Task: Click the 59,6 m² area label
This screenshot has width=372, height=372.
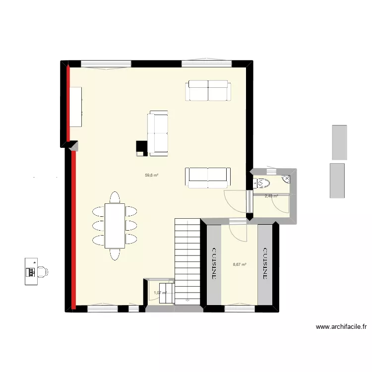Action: tap(151, 175)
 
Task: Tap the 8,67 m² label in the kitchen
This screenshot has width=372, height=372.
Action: tap(240, 264)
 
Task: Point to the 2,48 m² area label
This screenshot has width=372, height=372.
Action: tap(271, 196)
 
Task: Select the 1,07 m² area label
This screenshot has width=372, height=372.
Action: tap(160, 293)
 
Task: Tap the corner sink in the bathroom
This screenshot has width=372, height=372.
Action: tap(287, 179)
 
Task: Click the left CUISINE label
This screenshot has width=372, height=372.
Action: tap(214, 264)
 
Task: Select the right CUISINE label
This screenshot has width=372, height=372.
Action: tap(265, 264)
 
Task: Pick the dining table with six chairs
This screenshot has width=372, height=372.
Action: tap(115, 226)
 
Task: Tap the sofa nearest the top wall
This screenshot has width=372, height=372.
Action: tap(208, 91)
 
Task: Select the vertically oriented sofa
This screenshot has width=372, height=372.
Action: tap(158, 134)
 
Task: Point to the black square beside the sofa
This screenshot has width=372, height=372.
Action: tap(141, 148)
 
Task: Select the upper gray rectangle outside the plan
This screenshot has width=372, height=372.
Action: tap(339, 142)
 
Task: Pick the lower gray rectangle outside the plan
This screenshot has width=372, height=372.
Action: tap(337, 180)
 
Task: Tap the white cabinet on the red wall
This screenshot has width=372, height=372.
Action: tap(75, 107)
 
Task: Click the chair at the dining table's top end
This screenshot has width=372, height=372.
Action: tap(115, 197)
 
